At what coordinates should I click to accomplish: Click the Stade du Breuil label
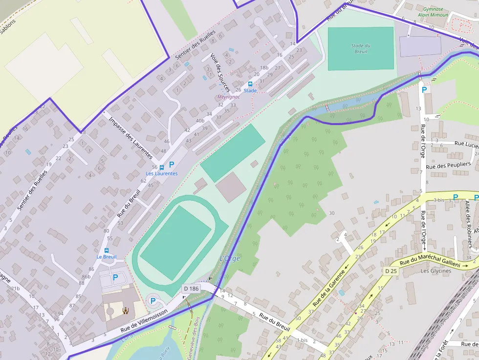[x=360, y=48]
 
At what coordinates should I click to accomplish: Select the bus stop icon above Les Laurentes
[x=162, y=167]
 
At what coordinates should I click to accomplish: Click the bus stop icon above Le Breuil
[x=107, y=250]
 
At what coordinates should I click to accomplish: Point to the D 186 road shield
[x=191, y=289]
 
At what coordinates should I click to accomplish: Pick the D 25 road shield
[x=390, y=271]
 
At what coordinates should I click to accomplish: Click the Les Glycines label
[x=435, y=271]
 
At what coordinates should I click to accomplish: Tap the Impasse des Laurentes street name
[x=131, y=138]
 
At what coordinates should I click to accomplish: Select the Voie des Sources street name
[x=220, y=72]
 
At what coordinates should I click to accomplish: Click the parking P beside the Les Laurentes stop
[x=171, y=165]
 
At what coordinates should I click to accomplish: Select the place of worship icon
[x=126, y=310]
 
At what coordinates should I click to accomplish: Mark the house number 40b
[x=200, y=121]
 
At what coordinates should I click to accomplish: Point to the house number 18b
[x=264, y=68]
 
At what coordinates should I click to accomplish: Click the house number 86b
[x=86, y=276]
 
